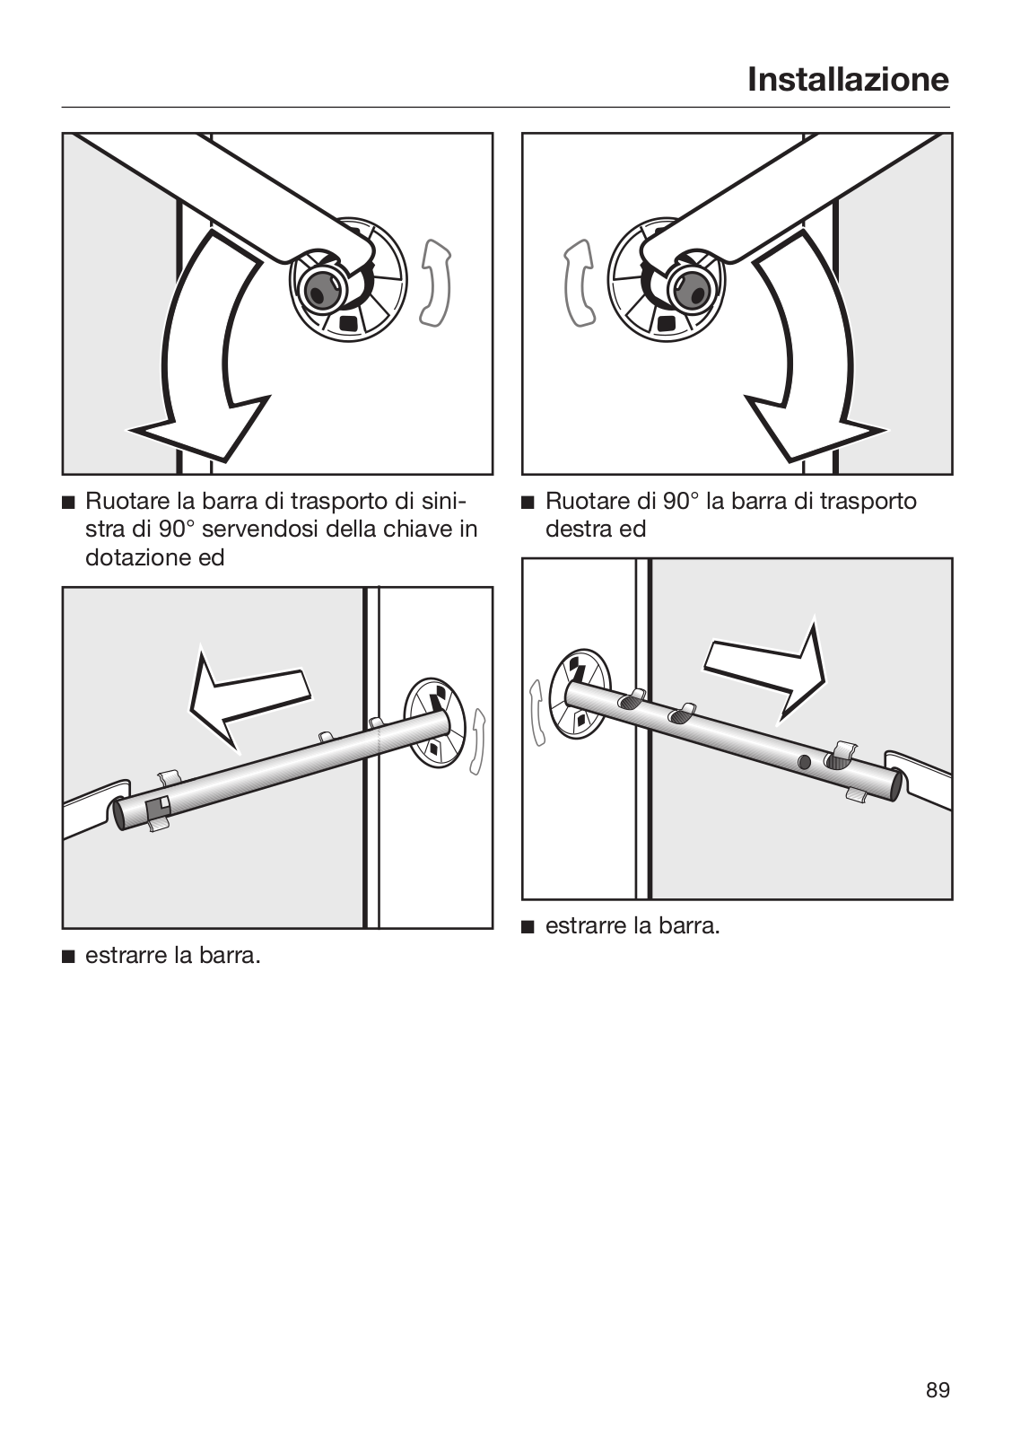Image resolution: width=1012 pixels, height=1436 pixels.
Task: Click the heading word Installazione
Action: pyautogui.click(x=848, y=80)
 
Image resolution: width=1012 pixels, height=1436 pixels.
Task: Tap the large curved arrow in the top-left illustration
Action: pyautogui.click(x=192, y=359)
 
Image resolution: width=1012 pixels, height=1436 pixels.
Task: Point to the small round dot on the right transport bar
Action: pyautogui.click(x=804, y=762)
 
